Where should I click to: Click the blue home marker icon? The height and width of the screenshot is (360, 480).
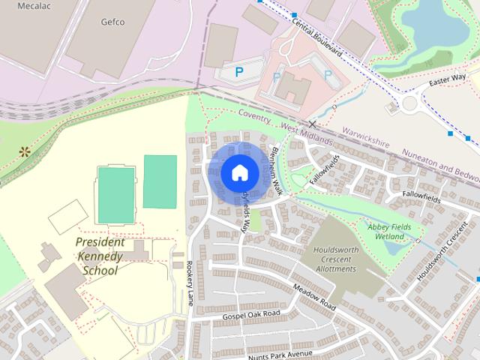pyautogui.click(x=239, y=173)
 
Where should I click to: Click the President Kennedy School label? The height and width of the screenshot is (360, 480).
pyautogui.click(x=101, y=256)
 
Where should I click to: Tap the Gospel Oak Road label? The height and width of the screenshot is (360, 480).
pyautogui.click(x=251, y=315)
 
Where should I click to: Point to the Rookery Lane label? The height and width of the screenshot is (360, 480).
pyautogui.click(x=190, y=283)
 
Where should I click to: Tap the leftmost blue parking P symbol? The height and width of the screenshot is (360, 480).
pyautogui.click(x=239, y=72)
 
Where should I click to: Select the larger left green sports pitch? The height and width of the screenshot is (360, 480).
pyautogui.click(x=116, y=195)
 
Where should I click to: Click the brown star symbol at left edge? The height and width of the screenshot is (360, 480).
pyautogui.click(x=25, y=151)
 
